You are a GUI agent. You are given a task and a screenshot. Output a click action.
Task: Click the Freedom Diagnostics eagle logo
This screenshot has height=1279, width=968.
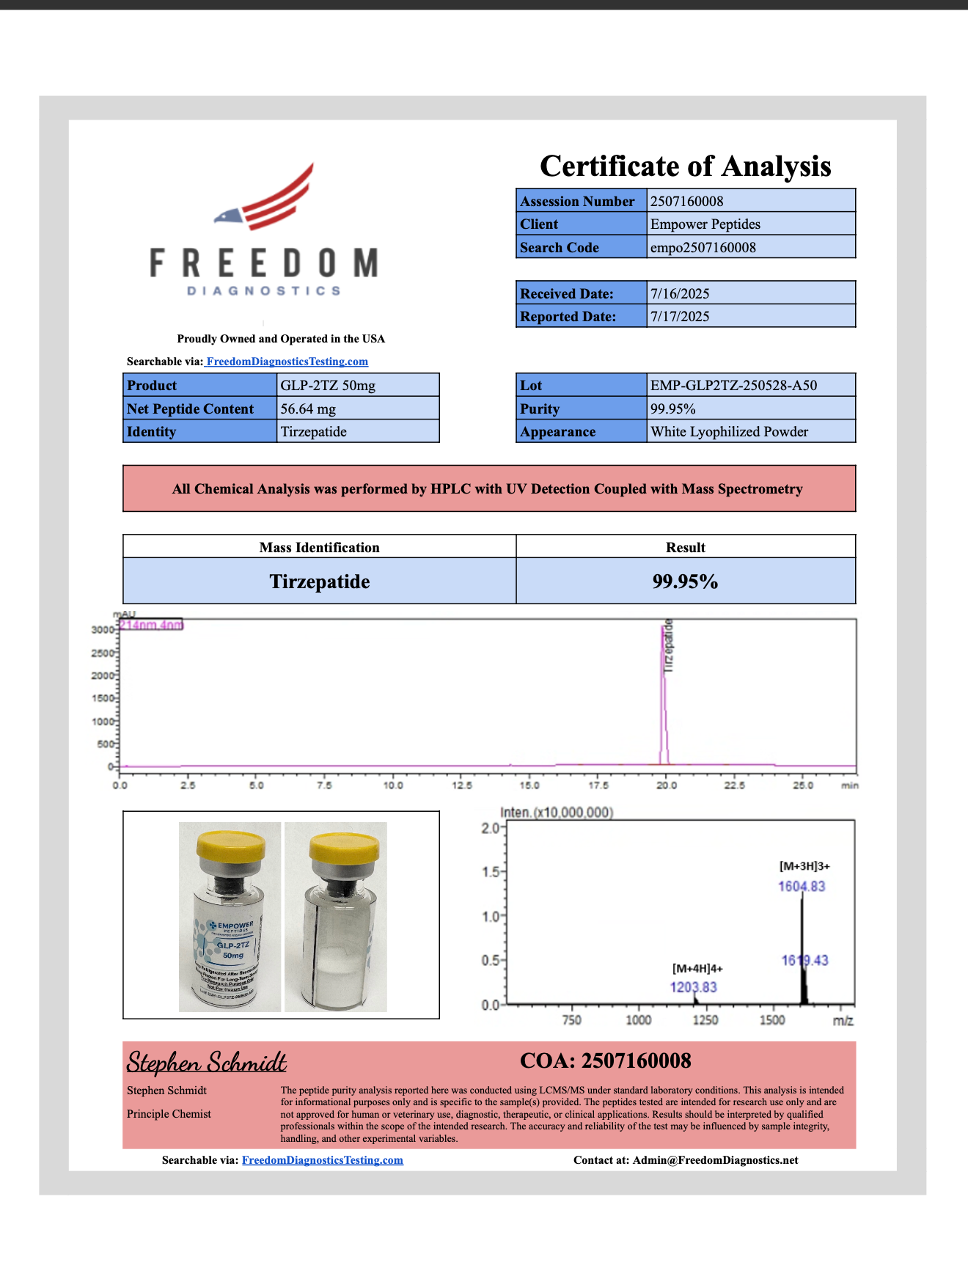264,229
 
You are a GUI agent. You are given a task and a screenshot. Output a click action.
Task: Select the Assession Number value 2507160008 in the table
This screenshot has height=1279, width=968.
686,201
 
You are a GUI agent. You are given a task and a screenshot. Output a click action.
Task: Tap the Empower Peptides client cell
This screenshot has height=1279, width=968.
705,224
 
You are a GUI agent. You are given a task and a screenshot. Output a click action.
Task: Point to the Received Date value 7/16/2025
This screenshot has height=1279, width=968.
680,293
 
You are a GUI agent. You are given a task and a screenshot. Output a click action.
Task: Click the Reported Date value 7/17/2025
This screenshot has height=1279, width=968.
680,317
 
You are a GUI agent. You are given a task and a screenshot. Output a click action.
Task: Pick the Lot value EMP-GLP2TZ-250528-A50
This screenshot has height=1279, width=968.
733,386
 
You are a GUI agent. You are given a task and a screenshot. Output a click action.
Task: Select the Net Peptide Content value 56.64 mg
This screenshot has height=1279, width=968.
308,409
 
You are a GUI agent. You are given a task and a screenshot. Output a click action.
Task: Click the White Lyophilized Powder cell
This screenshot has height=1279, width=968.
729,432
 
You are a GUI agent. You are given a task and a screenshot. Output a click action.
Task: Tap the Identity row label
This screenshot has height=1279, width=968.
151,432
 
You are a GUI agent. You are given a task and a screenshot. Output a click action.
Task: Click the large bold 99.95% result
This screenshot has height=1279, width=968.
685,582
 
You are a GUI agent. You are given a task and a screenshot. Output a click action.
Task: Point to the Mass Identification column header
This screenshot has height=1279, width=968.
319,548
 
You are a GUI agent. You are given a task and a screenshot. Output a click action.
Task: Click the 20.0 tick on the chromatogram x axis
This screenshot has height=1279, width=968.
666,785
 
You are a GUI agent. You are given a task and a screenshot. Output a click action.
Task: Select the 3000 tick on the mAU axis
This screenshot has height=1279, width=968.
102,629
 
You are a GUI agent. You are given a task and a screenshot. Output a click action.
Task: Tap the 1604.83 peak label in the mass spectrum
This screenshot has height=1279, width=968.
802,887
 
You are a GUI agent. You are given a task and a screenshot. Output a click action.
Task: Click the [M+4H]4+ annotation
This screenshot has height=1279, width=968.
697,969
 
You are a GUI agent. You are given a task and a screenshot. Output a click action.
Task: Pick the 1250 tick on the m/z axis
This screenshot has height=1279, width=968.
705,1020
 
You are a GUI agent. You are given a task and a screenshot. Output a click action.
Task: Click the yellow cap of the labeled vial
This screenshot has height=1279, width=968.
230,848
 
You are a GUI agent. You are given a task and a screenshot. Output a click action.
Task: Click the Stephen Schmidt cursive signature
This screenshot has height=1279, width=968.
206,1062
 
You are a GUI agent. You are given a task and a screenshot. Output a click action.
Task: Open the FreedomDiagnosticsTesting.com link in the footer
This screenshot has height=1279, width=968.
322,1160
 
